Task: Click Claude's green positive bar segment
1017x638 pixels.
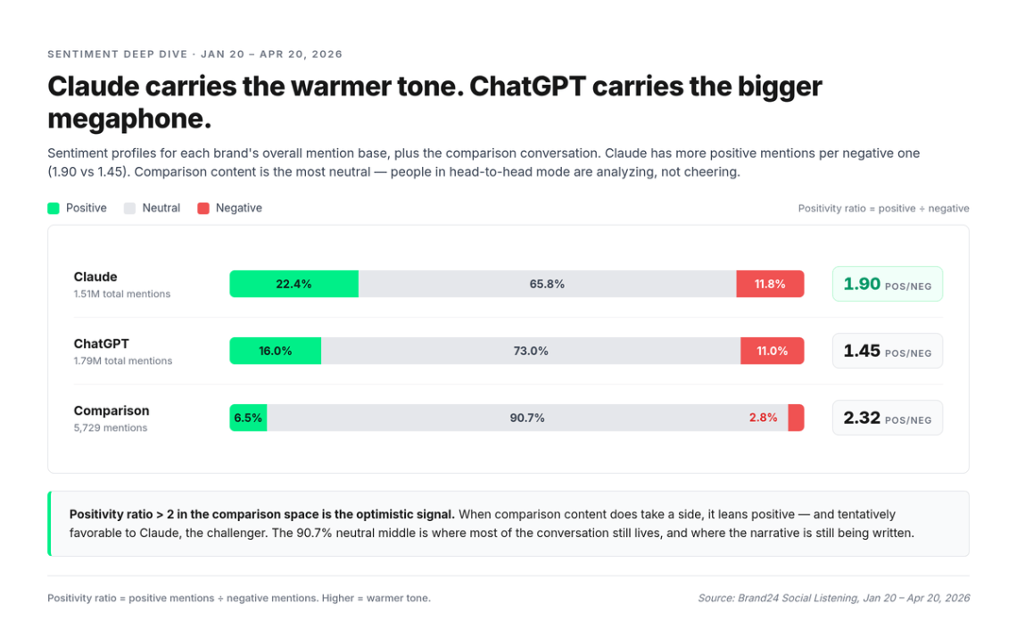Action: pyautogui.click(x=294, y=284)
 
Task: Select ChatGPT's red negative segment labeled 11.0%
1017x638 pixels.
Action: pyautogui.click(x=772, y=351)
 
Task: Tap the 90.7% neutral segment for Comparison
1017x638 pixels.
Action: pyautogui.click(x=527, y=418)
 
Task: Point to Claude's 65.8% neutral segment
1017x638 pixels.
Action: pyautogui.click(x=547, y=284)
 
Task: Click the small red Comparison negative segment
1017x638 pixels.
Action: pyautogui.click(x=796, y=418)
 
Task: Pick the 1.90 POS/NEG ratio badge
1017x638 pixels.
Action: pyautogui.click(x=887, y=284)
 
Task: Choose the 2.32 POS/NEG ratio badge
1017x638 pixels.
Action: pyautogui.click(x=887, y=418)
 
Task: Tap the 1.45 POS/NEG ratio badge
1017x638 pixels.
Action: pyautogui.click(x=887, y=351)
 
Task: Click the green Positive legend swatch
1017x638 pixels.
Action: pyautogui.click(x=54, y=208)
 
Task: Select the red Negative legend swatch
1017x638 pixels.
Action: pyautogui.click(x=203, y=208)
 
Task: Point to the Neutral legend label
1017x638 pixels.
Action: pyautogui.click(x=161, y=208)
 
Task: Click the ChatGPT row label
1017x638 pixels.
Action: pyautogui.click(x=102, y=344)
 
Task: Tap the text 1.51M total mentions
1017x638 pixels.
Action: pyautogui.click(x=122, y=294)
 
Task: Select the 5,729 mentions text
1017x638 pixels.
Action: pyautogui.click(x=111, y=427)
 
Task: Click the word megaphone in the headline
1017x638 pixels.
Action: pyautogui.click(x=128, y=119)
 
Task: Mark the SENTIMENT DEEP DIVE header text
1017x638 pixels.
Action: pyautogui.click(x=117, y=54)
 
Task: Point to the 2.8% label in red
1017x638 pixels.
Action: pyautogui.click(x=763, y=418)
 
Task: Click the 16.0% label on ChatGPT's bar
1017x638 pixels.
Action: pyautogui.click(x=276, y=351)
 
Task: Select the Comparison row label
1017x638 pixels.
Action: pyautogui.click(x=112, y=410)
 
